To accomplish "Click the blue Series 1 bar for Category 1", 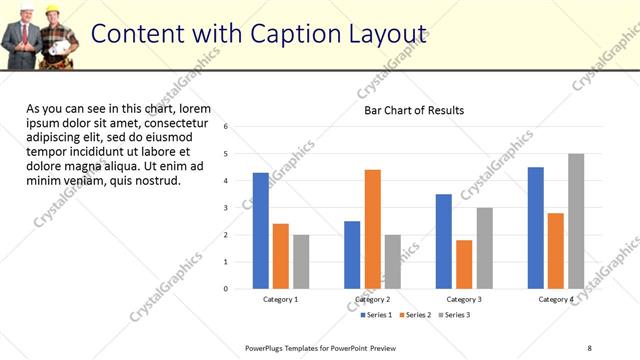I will tap(261, 231).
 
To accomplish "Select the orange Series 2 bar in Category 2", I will tap(372, 229).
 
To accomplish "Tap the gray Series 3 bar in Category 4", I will tap(576, 221).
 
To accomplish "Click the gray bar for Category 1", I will tap(301, 262).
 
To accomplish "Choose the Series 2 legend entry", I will tap(415, 315).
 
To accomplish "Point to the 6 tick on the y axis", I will tap(227, 127).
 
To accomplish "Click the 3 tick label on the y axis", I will tap(227, 208).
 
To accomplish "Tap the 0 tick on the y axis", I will tap(227, 289).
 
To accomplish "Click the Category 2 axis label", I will tap(372, 300).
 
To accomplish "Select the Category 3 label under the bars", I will tap(464, 300).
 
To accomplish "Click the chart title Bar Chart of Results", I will tap(414, 110).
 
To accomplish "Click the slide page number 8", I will tap(590, 347).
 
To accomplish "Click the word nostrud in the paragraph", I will tap(155, 181).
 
